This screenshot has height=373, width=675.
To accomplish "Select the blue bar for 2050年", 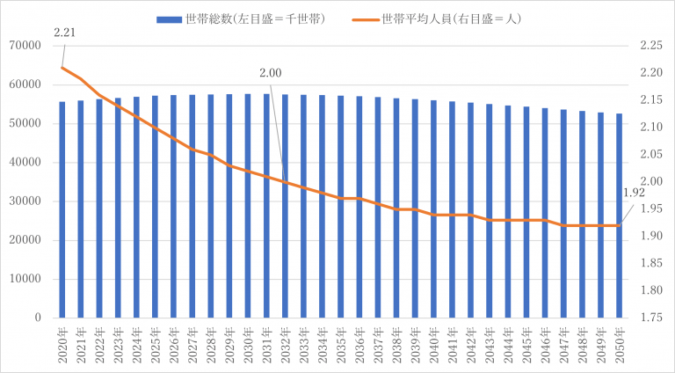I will pos(619,216).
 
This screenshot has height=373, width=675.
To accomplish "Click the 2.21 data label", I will pos(63,33).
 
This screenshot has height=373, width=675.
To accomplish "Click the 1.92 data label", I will pos(635,193).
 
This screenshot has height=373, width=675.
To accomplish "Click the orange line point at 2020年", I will pos(62,68).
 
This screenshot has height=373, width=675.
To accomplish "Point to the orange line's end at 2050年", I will pos(619,225).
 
